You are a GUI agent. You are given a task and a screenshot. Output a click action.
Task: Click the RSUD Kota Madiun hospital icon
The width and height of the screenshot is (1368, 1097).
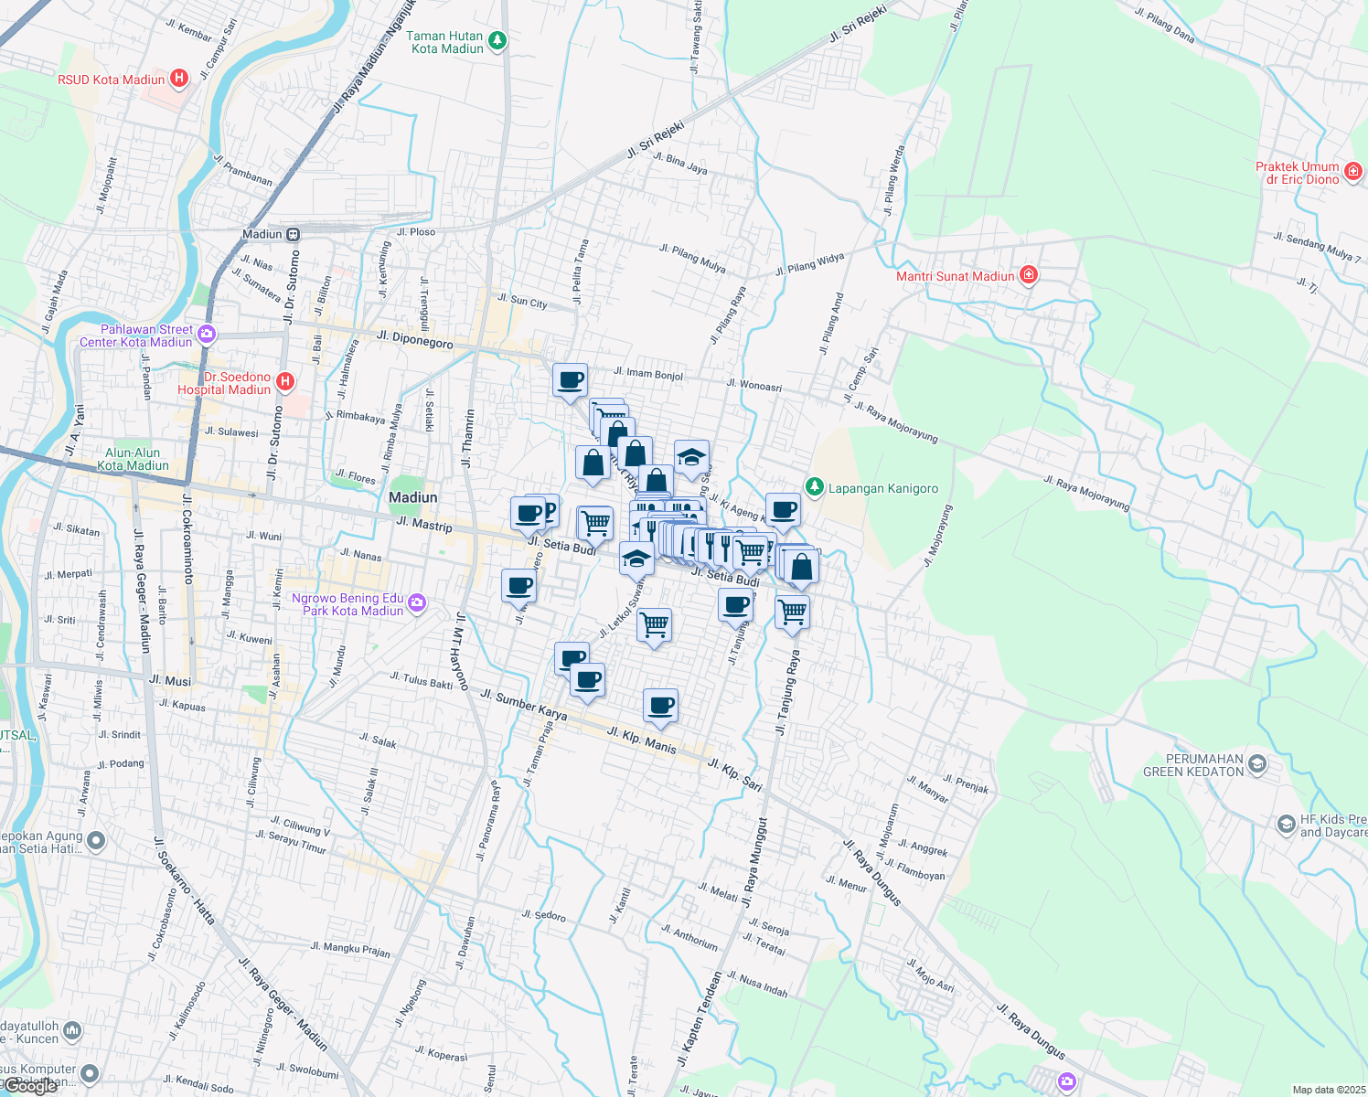click(x=179, y=79)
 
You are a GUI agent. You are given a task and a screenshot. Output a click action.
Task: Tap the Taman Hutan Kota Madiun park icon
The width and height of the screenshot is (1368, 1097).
click(x=497, y=40)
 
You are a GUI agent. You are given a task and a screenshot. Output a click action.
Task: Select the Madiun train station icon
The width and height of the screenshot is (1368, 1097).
click(x=294, y=234)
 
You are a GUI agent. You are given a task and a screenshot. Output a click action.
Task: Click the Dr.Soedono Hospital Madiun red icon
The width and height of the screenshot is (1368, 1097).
click(x=285, y=381)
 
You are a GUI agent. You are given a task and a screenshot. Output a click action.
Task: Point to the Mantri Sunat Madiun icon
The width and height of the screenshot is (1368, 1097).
click(x=1029, y=274)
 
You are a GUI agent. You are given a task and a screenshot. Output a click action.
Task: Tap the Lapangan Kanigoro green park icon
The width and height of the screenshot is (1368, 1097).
click(x=814, y=486)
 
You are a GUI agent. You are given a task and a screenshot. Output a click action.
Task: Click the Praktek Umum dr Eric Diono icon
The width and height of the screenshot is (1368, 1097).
click(x=1353, y=171)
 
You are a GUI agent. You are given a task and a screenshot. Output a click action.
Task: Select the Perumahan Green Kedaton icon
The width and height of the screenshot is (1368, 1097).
click(x=1257, y=764)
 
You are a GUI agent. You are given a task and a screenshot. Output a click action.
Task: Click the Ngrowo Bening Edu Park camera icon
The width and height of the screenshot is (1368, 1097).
click(x=417, y=602)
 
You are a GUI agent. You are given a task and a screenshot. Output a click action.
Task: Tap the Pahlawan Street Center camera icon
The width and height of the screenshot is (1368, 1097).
click(x=207, y=334)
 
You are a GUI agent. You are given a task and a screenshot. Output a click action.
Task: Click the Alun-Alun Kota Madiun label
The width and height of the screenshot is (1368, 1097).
click(x=133, y=459)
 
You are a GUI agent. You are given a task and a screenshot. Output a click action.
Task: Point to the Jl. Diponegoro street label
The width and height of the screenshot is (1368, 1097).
click(x=414, y=340)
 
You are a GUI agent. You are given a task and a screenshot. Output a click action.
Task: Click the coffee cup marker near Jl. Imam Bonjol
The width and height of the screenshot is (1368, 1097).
click(x=570, y=379)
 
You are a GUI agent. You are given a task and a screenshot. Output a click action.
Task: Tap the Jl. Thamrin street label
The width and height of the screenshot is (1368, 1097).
click(x=468, y=436)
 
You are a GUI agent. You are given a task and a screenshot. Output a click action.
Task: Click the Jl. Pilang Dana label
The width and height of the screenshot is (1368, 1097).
click(x=1164, y=25)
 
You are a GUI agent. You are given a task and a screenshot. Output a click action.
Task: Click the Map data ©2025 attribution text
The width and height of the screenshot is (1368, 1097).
click(x=1325, y=1090)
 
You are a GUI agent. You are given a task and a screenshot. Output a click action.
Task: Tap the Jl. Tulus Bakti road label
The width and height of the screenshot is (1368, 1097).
click(x=421, y=680)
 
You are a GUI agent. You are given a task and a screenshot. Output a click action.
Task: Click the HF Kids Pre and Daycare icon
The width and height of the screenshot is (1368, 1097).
click(x=1287, y=825)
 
